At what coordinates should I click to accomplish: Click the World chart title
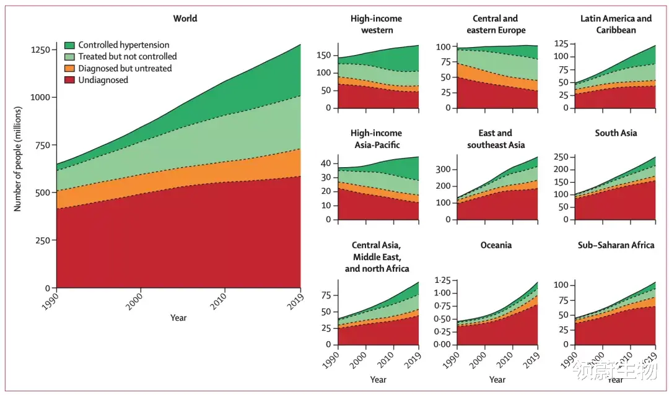pos(185,19)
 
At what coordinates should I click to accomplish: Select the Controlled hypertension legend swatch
pos(69,45)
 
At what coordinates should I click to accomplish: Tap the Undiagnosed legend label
pos(103,80)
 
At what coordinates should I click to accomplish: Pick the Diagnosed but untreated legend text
pos(125,68)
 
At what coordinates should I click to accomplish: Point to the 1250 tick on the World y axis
pos(40,50)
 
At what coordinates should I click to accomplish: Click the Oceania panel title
pos(496,245)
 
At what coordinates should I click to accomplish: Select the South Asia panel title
pos(616,133)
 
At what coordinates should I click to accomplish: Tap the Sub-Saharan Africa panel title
pos(616,245)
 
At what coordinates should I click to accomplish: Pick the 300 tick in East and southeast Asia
pos(442,169)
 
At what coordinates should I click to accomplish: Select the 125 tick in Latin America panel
pos(561,44)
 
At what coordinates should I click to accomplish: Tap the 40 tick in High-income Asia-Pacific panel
pos(326,163)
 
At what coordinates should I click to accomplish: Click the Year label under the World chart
pos(178,318)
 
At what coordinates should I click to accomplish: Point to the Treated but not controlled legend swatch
pos(69,57)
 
